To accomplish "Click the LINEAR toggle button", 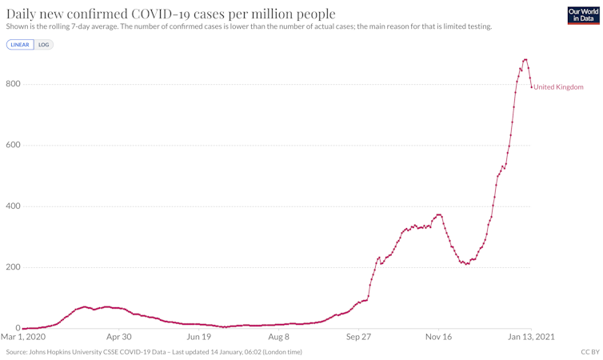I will pyautogui.click(x=20, y=45).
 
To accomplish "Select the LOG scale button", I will pyautogui.click(x=44, y=45).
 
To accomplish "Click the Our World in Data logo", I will pyautogui.click(x=583, y=15).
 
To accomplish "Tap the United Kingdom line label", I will pyautogui.click(x=558, y=87).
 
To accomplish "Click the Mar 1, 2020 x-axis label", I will pyautogui.click(x=23, y=337).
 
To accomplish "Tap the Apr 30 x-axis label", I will pyautogui.click(x=119, y=337).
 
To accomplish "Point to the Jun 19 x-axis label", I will pyautogui.click(x=198, y=337).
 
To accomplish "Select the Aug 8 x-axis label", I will pyautogui.click(x=278, y=337).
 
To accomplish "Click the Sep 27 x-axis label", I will pyautogui.click(x=358, y=337).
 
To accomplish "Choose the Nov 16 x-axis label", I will pyautogui.click(x=438, y=337).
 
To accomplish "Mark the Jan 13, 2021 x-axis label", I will pyautogui.click(x=531, y=337).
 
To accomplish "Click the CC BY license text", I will pyautogui.click(x=589, y=352).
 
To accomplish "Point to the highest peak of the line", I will pyautogui.click(x=525, y=59).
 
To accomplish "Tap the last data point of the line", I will pyautogui.click(x=531, y=87).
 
